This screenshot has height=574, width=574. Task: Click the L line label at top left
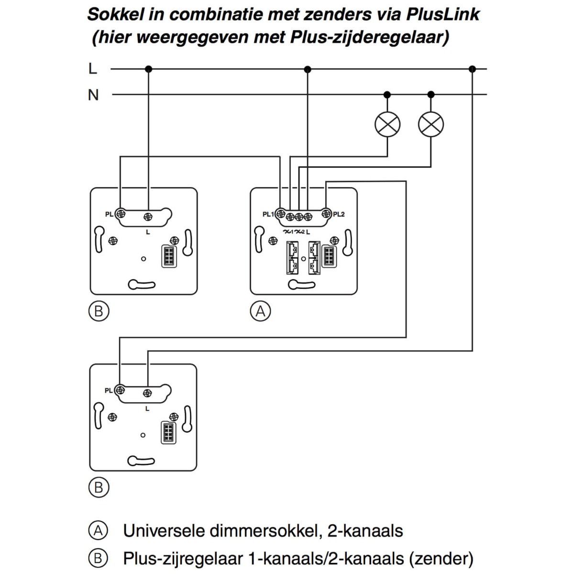coord(92,68)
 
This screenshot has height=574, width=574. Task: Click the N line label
coord(93,95)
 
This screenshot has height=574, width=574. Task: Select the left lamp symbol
coord(387,124)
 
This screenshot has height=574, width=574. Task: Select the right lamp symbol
coord(430,124)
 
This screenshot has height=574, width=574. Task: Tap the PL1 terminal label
coord(268,214)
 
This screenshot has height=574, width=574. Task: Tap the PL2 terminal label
coord(339,214)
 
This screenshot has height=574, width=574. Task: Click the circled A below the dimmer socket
coord(260,311)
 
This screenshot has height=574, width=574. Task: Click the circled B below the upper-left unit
coord(99,311)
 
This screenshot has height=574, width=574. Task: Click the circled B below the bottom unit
coord(99,487)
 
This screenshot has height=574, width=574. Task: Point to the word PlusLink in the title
coord(442,14)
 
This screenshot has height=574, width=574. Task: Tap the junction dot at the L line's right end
coord(473,69)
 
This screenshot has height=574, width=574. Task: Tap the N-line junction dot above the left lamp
coord(387,95)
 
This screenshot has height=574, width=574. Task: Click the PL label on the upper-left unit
coord(109,214)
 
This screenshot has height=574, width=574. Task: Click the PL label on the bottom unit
coord(109,391)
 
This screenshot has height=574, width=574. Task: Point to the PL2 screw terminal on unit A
coord(327,213)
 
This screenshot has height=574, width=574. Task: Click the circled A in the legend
coord(98,530)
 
